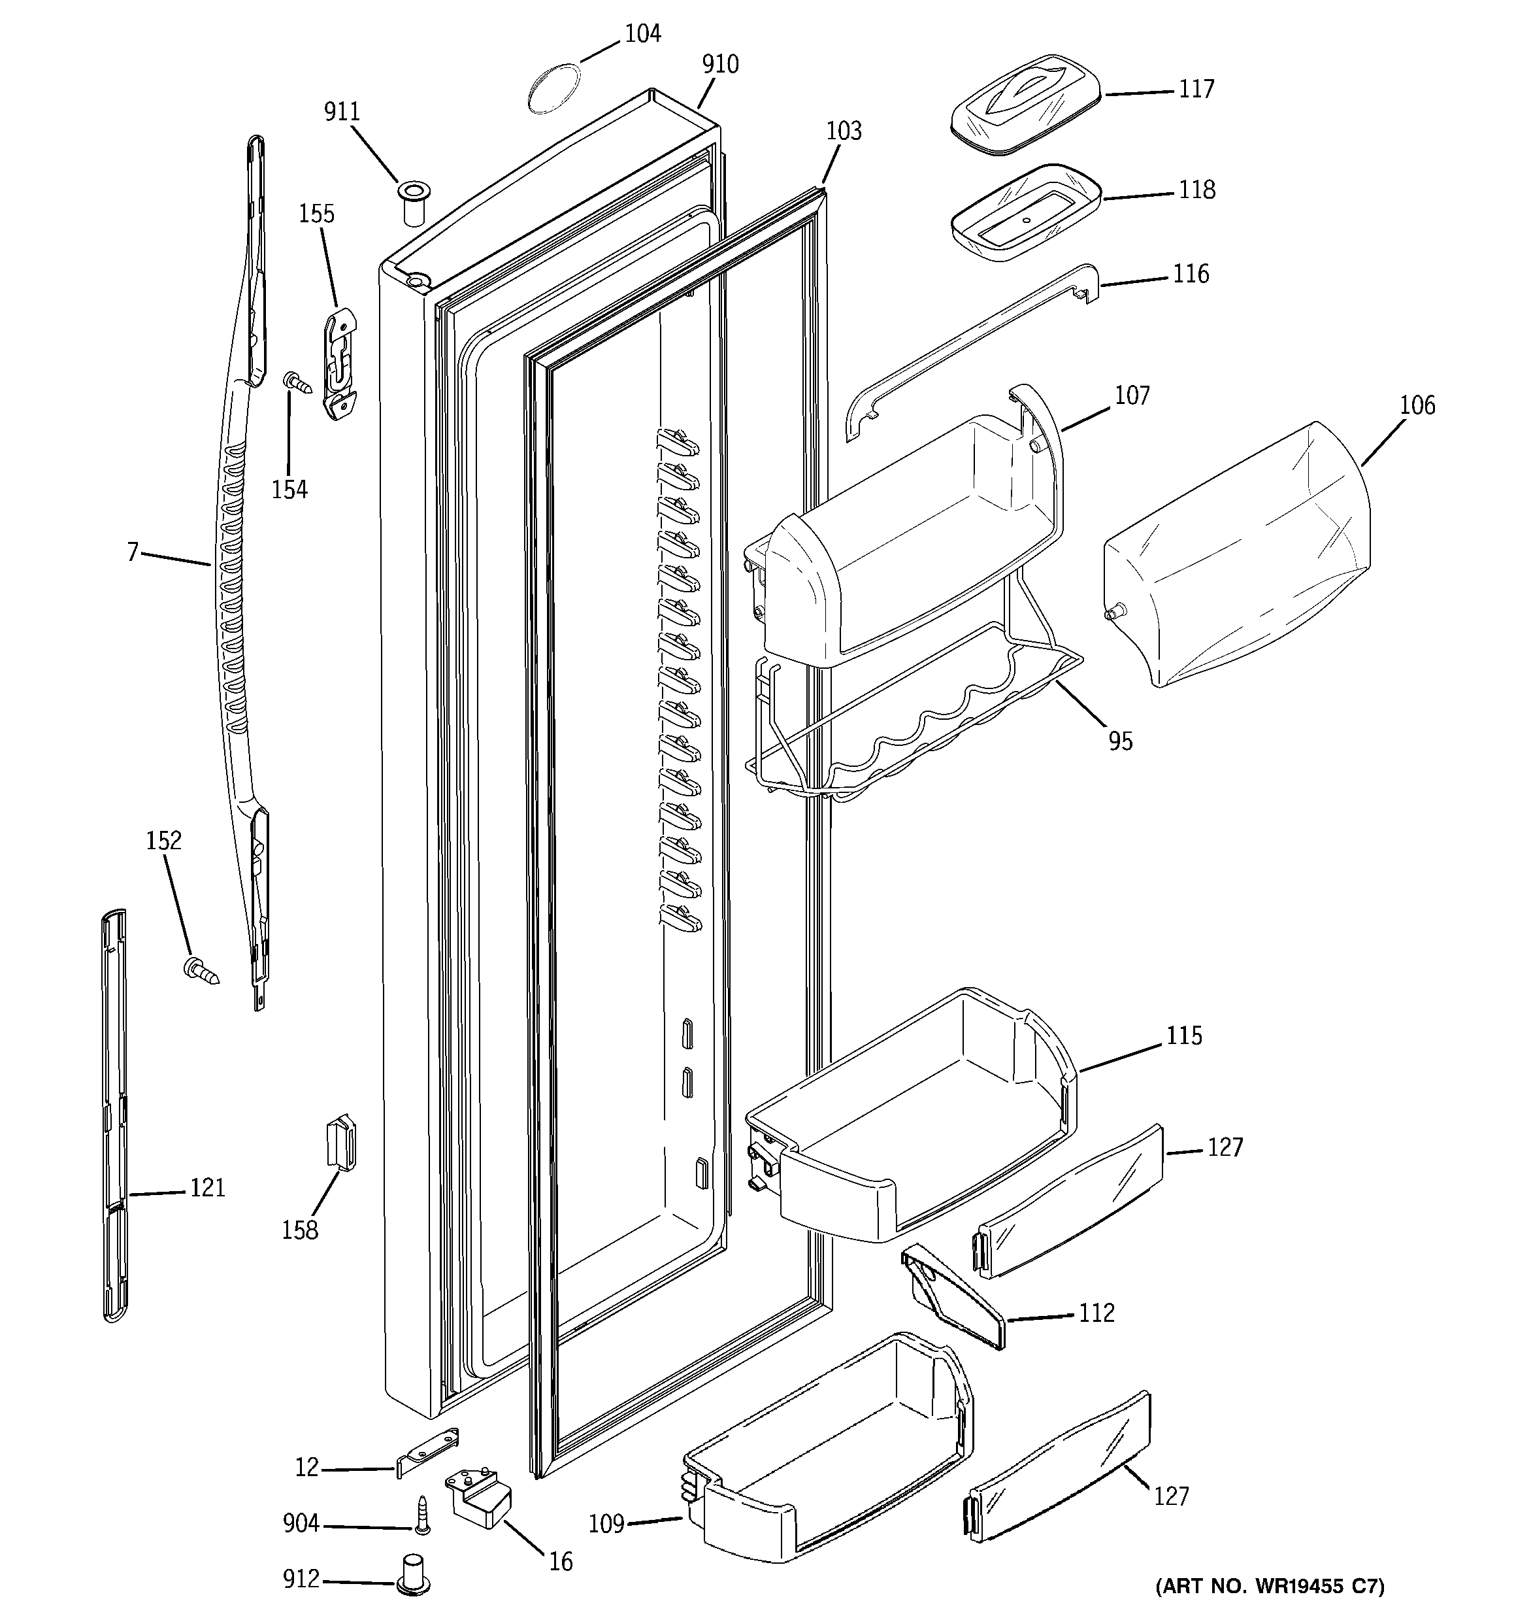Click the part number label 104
[x=642, y=33]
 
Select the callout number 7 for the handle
[x=133, y=552]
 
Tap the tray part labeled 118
[x=1025, y=212]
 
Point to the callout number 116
[x=1191, y=275]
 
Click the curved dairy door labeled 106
[x=1237, y=554]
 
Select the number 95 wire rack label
[x=1120, y=741]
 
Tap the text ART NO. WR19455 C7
[x=1270, y=1585]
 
